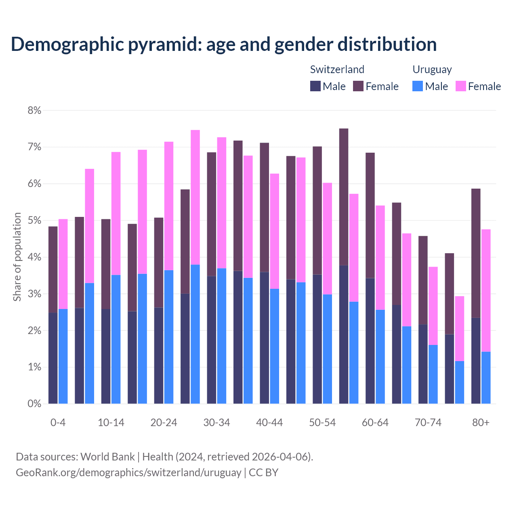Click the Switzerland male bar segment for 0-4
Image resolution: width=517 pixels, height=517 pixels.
tap(53, 358)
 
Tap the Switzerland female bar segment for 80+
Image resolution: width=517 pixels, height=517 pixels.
tap(476, 253)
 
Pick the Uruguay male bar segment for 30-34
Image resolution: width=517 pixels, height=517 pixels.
tap(222, 336)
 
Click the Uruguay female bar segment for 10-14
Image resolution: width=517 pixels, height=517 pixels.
tap(116, 213)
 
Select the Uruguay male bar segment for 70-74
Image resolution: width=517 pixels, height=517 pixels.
tap(433, 374)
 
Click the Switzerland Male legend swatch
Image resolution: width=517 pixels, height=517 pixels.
tap(315, 86)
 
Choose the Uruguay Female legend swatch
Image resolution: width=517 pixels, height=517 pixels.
tap(460, 86)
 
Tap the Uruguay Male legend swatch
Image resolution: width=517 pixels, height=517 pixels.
tap(418, 86)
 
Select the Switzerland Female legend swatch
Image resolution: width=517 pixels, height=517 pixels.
tap(358, 86)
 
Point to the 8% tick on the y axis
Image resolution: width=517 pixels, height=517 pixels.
tap(34, 110)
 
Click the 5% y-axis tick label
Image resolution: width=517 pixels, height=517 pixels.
tap(34, 221)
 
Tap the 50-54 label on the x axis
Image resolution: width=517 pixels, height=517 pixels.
tap(322, 422)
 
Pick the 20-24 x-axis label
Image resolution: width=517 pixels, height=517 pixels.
tap(164, 422)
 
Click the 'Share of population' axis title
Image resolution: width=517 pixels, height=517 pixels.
tap(17, 257)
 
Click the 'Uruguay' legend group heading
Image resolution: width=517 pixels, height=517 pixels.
tap(432, 69)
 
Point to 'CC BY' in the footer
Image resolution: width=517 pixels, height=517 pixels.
tap(263, 472)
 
